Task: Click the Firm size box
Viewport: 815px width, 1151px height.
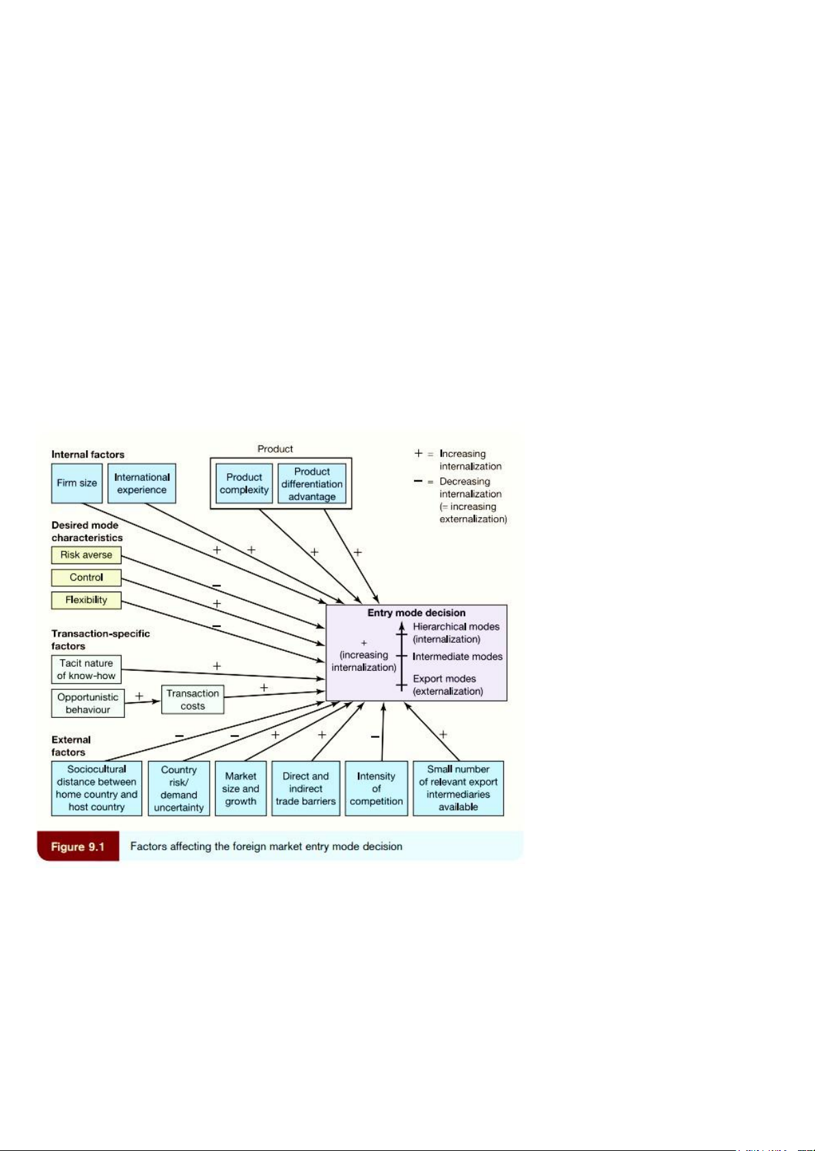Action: (x=77, y=483)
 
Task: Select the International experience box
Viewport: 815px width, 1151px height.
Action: (x=141, y=483)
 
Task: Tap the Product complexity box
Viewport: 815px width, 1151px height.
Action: (x=244, y=484)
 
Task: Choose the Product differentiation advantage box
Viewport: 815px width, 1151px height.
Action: (x=312, y=484)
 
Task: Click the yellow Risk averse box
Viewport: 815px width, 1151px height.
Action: (x=86, y=555)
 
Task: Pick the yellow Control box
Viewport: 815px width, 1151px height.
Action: (x=86, y=577)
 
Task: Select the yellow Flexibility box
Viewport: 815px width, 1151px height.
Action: (x=86, y=600)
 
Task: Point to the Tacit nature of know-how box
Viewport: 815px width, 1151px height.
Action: (x=86, y=669)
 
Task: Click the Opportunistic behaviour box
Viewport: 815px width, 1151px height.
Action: (x=87, y=703)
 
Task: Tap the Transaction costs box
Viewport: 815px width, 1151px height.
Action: (x=193, y=699)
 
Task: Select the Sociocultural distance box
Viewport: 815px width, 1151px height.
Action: (x=96, y=788)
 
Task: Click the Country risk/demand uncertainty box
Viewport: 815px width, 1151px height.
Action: (x=178, y=788)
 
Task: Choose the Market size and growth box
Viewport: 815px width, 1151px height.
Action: (x=240, y=788)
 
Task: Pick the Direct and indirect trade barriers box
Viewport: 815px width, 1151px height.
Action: (x=305, y=788)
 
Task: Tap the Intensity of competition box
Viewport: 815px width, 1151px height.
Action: (x=376, y=788)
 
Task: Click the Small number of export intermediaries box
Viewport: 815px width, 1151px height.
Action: (x=458, y=788)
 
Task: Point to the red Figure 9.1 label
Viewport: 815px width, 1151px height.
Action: (x=78, y=846)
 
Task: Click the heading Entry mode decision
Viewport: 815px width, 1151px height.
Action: (x=416, y=613)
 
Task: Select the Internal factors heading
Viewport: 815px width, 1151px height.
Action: (x=88, y=454)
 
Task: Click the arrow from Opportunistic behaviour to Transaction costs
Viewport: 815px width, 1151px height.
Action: (x=143, y=702)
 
